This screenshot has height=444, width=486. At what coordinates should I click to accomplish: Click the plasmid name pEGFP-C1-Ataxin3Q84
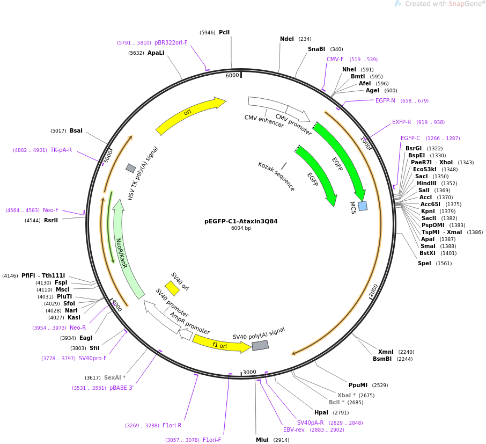(x=241, y=221)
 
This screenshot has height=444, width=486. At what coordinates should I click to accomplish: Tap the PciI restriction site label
(x=224, y=32)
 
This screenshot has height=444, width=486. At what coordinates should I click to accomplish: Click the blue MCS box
(x=363, y=206)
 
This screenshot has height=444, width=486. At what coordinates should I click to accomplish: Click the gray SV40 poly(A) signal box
(x=260, y=345)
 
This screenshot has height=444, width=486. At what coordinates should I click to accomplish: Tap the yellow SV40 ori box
(x=172, y=288)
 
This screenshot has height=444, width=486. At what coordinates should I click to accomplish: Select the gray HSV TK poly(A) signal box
(x=131, y=168)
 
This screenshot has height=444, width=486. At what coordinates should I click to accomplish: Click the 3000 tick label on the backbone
(x=249, y=372)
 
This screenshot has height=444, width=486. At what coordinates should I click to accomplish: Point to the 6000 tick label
(x=232, y=75)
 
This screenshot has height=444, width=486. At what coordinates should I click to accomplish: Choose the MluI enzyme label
(x=262, y=440)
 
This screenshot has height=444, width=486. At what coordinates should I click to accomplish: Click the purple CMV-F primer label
(x=335, y=59)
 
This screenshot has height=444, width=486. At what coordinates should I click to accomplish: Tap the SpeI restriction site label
(x=424, y=263)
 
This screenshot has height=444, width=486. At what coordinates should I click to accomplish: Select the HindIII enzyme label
(x=426, y=183)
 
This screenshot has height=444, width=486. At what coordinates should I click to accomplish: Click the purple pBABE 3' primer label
(x=121, y=388)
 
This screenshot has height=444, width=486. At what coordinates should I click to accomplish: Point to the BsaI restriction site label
(x=76, y=130)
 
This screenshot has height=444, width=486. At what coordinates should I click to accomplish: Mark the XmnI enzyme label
(x=386, y=352)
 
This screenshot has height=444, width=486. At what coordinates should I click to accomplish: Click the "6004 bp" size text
(x=241, y=228)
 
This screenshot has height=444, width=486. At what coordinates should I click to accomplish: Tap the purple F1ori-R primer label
(x=172, y=425)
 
